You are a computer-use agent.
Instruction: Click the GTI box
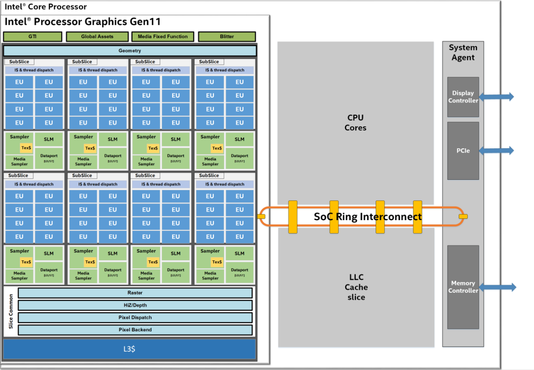[x=32, y=37]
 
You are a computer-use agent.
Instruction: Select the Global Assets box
[x=97, y=37]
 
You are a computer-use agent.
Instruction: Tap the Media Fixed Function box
[x=163, y=37]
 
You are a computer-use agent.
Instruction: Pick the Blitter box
[x=226, y=37]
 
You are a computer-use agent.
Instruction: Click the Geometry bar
[x=130, y=51]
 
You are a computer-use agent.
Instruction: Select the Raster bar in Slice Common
[x=135, y=293]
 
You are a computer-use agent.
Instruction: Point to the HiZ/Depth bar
[x=135, y=305]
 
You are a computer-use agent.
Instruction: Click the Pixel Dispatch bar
[x=135, y=317]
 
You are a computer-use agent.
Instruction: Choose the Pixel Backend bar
[x=135, y=330]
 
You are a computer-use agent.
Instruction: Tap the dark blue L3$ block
[x=130, y=349]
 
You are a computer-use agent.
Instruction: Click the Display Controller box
[x=463, y=97]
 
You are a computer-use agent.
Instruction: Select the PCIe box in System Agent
[x=463, y=150]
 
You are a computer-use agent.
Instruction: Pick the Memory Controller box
[x=463, y=287]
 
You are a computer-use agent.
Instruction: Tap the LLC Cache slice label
[x=356, y=287]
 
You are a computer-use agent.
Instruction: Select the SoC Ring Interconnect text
[x=367, y=217]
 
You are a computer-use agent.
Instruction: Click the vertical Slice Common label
[x=11, y=311]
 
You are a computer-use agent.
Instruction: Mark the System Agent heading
[x=463, y=53]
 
